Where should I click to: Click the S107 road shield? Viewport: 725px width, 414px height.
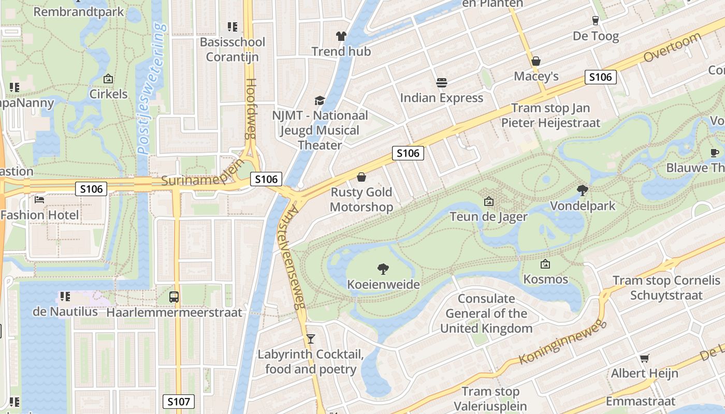179,401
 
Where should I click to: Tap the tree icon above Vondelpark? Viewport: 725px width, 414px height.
583,190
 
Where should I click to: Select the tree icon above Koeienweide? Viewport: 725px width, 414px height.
383,269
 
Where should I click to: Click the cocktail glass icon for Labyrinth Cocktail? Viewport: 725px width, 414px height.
310,339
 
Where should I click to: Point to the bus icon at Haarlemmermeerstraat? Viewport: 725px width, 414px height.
174,297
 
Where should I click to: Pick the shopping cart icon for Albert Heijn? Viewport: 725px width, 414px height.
644,358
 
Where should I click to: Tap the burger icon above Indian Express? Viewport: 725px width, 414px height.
442,82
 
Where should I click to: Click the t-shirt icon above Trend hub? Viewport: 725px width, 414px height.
341,36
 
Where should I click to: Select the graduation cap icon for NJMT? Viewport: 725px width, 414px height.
320,100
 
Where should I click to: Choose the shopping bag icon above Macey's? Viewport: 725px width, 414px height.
536,61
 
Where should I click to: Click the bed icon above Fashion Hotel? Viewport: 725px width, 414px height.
39,199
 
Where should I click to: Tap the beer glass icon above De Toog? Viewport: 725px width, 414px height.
596,21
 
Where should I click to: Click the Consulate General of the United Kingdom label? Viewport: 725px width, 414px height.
486,314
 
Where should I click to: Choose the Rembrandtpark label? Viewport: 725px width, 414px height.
79,11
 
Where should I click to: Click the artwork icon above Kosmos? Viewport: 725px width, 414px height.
545,264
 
